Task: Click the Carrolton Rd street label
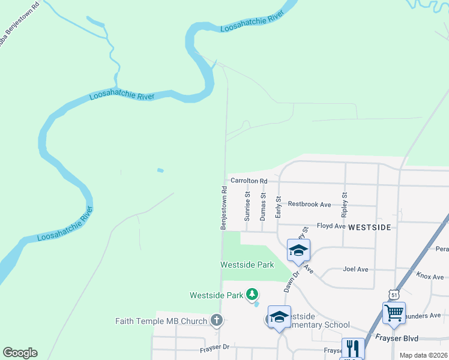pyautogui.click(x=249, y=180)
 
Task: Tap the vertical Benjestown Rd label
pyautogui.click(x=223, y=207)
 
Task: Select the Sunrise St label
pyautogui.click(x=247, y=207)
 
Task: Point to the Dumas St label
pyautogui.click(x=263, y=207)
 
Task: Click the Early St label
pyautogui.click(x=278, y=207)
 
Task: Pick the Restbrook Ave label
pyautogui.click(x=309, y=204)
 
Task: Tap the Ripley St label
pyautogui.click(x=345, y=204)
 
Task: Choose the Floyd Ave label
pyautogui.click(x=331, y=226)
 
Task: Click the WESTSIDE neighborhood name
pyautogui.click(x=370, y=227)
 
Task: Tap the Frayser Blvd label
pyautogui.click(x=397, y=338)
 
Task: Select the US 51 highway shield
pyautogui.click(x=394, y=295)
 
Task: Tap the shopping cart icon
pyautogui.click(x=394, y=313)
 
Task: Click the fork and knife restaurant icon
pyautogui.click(x=353, y=348)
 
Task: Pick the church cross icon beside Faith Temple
pyautogui.click(x=217, y=320)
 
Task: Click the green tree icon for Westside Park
pyautogui.click(x=253, y=294)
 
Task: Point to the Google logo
pyautogui.click(x=20, y=353)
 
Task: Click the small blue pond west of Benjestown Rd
pyautogui.click(x=160, y=170)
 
